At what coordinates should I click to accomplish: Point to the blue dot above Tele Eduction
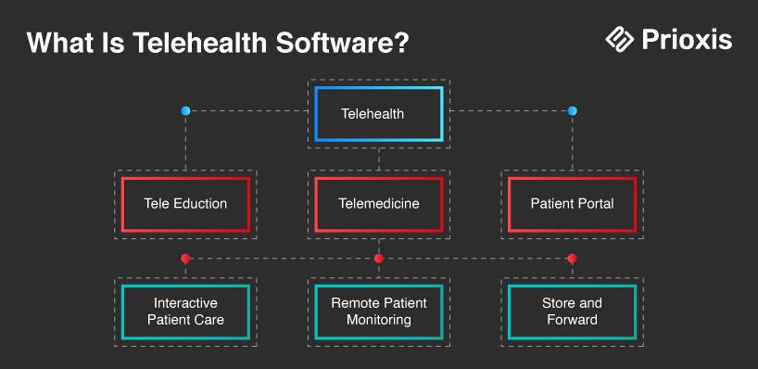pos(185,111)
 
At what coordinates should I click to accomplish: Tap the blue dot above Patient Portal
pos(573,111)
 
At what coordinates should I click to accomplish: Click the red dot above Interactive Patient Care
pos(185,259)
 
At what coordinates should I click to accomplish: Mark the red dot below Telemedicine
pos(379,259)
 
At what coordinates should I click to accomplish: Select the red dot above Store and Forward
pos(573,259)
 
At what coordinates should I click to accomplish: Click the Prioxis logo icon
pos(620,40)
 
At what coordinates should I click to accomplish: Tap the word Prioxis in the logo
pos(687,40)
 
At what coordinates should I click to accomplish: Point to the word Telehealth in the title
pos(199,43)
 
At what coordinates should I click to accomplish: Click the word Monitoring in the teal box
pos(379,320)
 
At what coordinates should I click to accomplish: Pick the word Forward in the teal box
pos(573,320)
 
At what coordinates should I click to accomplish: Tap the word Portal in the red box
pos(597,204)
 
